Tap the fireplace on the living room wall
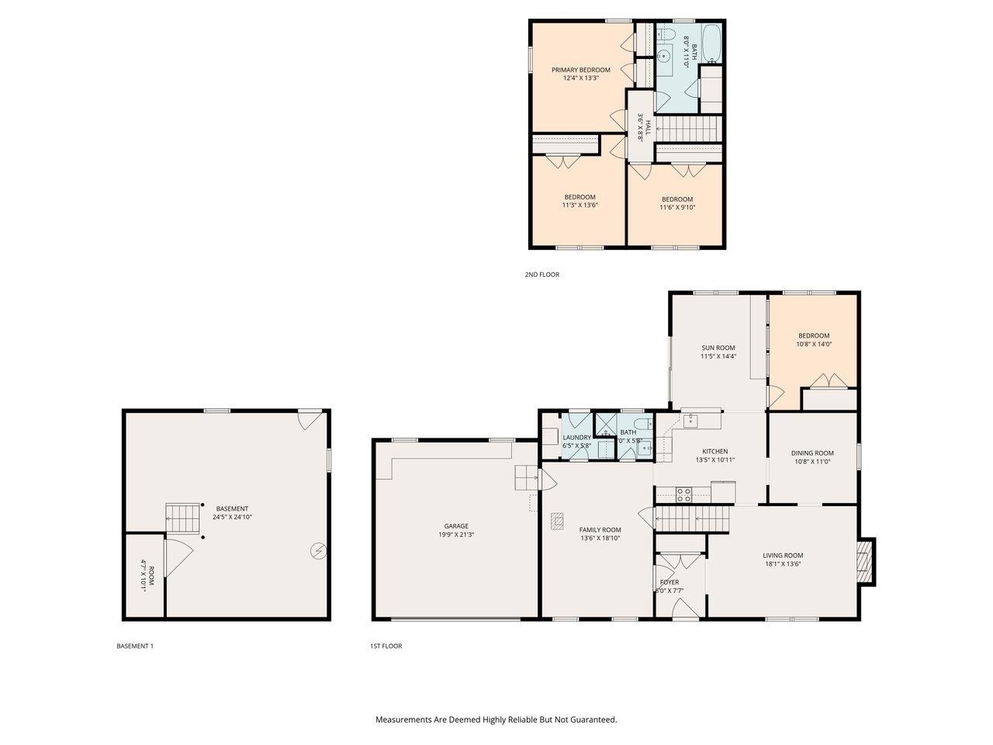[x=866, y=561]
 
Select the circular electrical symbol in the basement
[x=318, y=551]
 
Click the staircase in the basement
[x=183, y=515]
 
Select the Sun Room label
[x=718, y=348]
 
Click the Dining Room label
[x=812, y=453]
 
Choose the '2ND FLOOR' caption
[x=541, y=275]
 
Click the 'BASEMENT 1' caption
[x=135, y=646]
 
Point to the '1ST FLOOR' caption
[x=386, y=646]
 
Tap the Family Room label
[x=600, y=530]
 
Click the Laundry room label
[x=576, y=438]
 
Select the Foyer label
[x=669, y=582]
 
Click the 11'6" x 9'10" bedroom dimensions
[x=677, y=207]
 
